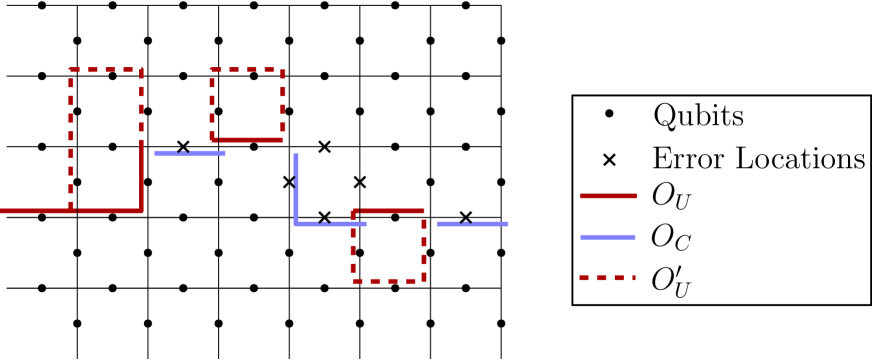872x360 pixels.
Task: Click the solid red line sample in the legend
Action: (x=608, y=196)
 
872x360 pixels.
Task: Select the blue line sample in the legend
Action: (x=608, y=237)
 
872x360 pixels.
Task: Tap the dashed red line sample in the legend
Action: (x=606, y=278)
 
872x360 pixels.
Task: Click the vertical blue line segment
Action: (x=296, y=188)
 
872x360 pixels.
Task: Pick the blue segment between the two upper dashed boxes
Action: (x=190, y=153)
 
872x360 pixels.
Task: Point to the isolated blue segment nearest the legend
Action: (x=472, y=224)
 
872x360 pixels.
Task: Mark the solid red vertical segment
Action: (x=142, y=178)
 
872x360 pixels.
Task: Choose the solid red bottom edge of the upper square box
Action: (x=250, y=140)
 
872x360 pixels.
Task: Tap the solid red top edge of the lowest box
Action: (x=390, y=211)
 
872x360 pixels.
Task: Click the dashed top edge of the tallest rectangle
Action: (x=106, y=70)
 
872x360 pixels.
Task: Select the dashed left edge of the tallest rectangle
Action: (x=71, y=140)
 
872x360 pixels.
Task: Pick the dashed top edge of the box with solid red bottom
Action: (x=247, y=70)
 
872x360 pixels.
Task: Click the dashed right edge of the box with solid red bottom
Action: (x=283, y=104)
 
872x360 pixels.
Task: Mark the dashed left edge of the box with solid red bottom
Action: (x=212, y=104)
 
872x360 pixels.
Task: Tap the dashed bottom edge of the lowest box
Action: (x=388, y=281)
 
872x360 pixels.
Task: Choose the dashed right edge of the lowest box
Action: (x=424, y=247)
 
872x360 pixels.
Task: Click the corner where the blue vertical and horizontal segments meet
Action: (x=296, y=224)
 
